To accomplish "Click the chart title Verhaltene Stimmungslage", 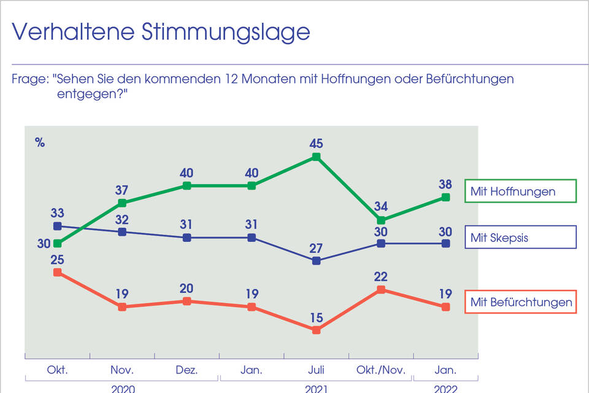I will pos(161,32).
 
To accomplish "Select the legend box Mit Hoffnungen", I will pos(521,191).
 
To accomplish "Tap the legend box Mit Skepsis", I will pos(521,237).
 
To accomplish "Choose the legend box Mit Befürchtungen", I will pos(521,302).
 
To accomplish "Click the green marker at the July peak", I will pos(317,157).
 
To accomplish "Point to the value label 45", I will pos(317,144).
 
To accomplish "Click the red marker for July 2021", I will pos(317,330).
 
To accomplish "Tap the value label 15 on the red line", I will pos(317,317).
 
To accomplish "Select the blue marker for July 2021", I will pos(317,261).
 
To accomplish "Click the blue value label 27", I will pos(317,248).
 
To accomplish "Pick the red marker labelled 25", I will pos(58,272).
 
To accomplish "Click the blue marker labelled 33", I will pos(58,226).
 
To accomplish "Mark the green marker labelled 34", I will pos(381,220).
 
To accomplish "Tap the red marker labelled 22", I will pos(381,289).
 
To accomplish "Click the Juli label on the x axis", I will pos(317,370).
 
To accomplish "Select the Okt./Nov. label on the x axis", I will pos(381,370).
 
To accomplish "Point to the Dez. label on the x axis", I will pos(187,370).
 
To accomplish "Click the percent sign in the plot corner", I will pos(40,142).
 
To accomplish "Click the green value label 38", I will pos(446,184).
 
